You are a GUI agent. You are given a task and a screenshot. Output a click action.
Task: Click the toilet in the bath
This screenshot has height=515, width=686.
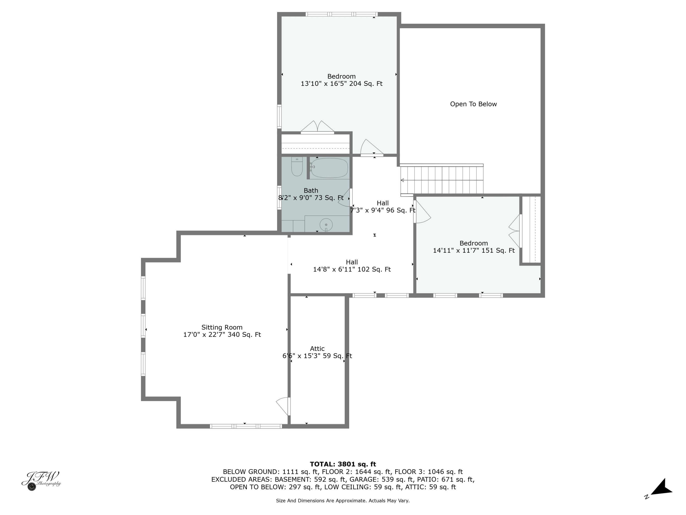(x=297, y=166)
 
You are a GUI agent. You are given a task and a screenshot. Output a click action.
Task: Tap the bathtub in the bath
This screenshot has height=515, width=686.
(x=329, y=168)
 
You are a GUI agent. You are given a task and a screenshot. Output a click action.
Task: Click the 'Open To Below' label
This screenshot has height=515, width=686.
(x=473, y=104)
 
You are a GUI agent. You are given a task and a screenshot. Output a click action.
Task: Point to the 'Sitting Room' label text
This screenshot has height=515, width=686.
(x=222, y=327)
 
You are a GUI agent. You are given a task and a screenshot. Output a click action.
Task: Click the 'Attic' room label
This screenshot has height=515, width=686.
(x=317, y=349)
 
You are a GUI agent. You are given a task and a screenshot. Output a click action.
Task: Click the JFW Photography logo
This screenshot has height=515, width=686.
(x=41, y=481)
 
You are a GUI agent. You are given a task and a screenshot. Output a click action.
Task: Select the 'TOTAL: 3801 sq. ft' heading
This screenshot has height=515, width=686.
(x=343, y=464)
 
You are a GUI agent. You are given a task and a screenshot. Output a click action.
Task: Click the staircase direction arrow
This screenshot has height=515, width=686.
(x=402, y=180)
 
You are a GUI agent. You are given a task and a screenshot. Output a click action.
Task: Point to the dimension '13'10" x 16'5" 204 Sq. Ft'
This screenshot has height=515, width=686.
(x=341, y=84)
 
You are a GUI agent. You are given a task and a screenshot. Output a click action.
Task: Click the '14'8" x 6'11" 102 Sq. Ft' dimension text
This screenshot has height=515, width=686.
(x=352, y=269)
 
